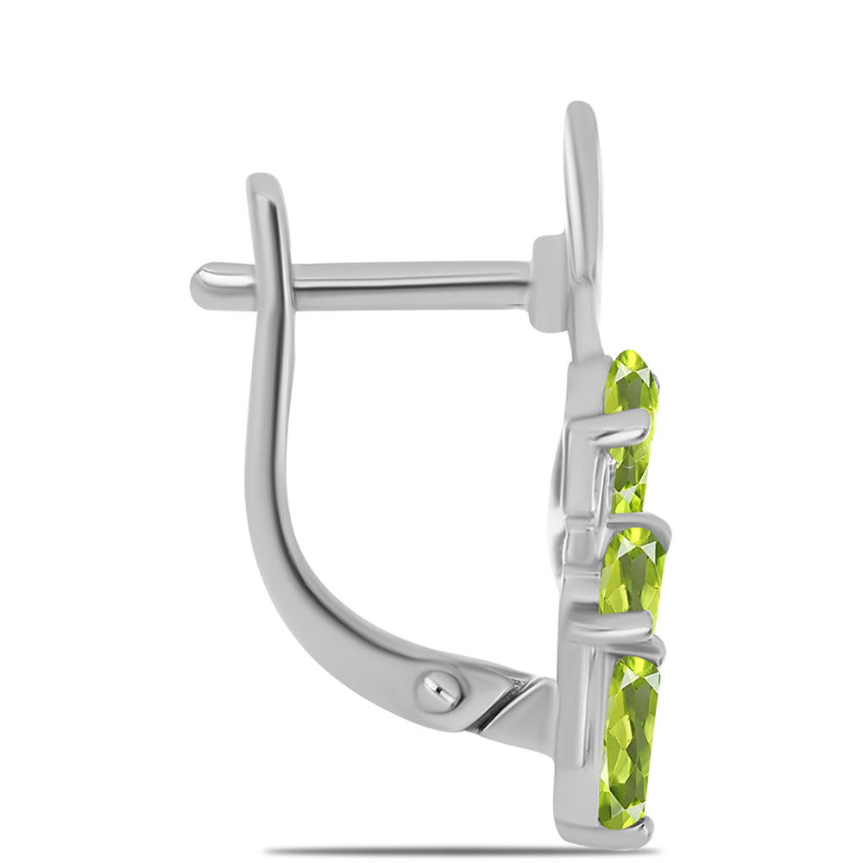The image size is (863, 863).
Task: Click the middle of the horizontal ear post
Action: click(406, 285)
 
